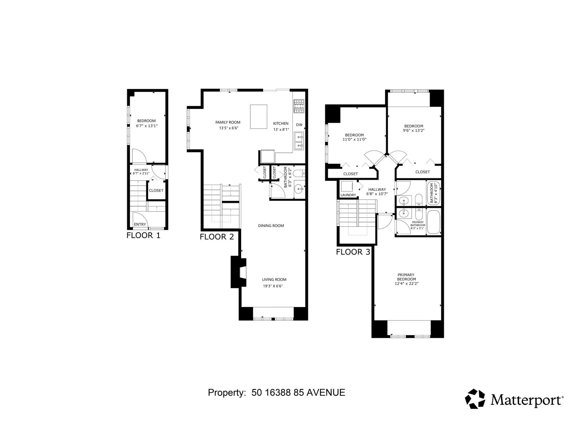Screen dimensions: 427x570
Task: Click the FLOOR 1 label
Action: click(144, 235)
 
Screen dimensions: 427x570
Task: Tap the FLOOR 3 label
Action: click(353, 252)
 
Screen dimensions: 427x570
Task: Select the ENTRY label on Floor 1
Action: click(140, 225)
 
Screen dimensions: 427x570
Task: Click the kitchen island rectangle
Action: click(259, 116)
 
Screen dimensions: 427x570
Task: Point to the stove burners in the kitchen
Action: click(299, 106)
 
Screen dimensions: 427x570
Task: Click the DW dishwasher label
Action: click(299, 125)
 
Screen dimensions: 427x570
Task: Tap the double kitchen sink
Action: click(299, 141)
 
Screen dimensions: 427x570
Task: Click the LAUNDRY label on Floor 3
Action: click(348, 195)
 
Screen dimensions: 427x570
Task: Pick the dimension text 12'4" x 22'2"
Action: click(406, 284)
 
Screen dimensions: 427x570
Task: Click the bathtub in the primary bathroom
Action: click(434, 222)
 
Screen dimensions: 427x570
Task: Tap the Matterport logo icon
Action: click(475, 399)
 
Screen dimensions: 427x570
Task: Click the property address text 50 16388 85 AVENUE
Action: click(298, 392)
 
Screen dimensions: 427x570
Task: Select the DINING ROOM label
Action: click(271, 226)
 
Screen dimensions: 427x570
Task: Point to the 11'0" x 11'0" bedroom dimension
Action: click(354, 139)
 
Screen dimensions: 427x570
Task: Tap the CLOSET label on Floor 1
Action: click(156, 190)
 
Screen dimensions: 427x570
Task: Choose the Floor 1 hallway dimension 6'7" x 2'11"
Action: click(141, 173)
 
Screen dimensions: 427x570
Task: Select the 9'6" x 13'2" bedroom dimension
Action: click(414, 130)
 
